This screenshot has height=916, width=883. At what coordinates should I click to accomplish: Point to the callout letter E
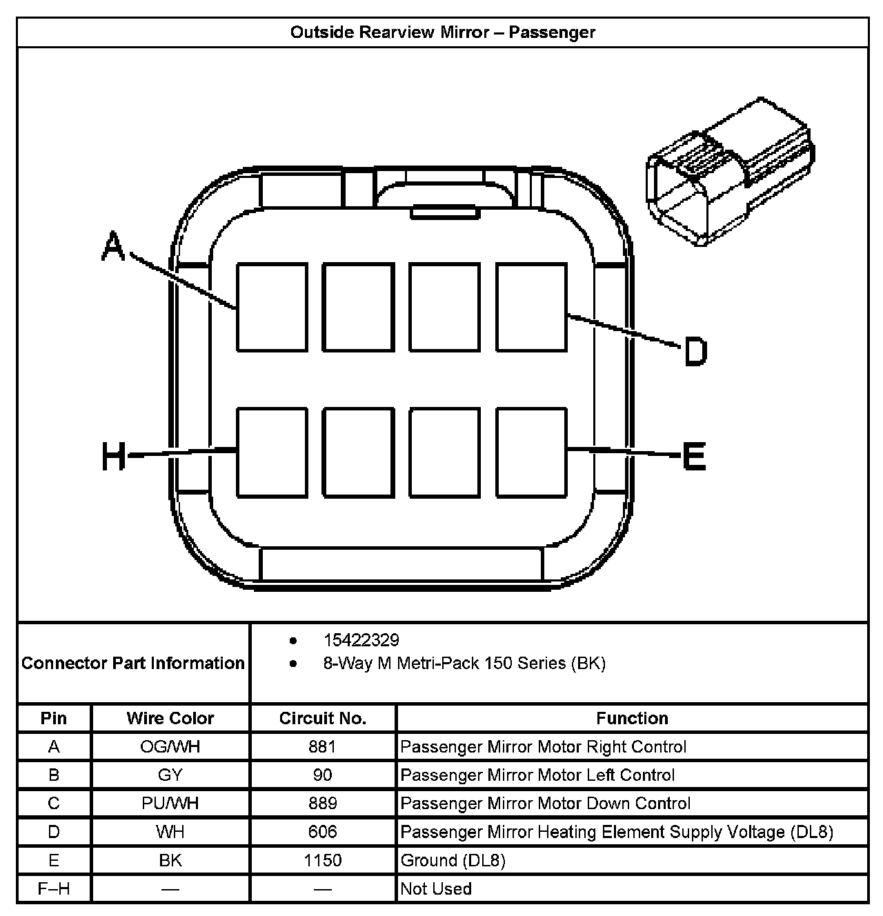tap(694, 456)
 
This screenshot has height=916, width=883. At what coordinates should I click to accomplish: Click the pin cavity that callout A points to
tap(272, 306)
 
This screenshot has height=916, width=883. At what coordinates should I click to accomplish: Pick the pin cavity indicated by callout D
tap(531, 306)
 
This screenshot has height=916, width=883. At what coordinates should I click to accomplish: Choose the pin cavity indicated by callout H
tap(272, 452)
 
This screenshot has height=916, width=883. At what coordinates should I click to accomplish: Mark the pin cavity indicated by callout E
tap(531, 452)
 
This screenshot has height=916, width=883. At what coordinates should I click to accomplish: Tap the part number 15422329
tap(361, 640)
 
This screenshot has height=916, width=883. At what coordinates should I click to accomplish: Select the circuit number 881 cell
tap(323, 746)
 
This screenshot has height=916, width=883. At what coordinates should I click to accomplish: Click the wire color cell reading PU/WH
tap(170, 803)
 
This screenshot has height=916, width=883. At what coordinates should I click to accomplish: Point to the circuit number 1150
tap(323, 860)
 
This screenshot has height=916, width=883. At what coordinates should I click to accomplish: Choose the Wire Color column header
tap(170, 718)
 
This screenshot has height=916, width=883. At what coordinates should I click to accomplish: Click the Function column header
tap(632, 718)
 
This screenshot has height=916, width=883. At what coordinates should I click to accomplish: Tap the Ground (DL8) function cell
tap(453, 860)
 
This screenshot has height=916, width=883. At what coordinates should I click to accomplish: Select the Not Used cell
tap(436, 888)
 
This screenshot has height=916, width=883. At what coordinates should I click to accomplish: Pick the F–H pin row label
tap(54, 888)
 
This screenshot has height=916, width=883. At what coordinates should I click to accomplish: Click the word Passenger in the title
tap(552, 32)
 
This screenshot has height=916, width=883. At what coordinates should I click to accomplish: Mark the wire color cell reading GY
tap(170, 775)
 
